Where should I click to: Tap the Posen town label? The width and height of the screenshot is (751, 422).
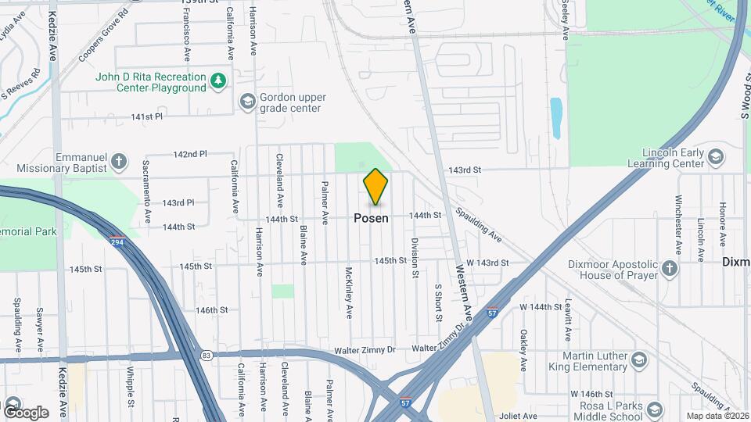coord(371,218)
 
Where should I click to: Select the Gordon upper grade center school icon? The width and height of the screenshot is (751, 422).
coord(248,102)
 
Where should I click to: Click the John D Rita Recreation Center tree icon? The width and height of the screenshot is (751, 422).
coord(220,81)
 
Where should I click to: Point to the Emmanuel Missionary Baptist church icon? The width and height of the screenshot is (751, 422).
coord(119,162)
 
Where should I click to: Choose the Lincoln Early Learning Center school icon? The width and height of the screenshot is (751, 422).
coord(715,157)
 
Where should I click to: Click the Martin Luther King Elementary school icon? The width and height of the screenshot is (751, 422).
coord(639,360)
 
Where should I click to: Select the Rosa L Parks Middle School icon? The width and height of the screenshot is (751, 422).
coord(655,409)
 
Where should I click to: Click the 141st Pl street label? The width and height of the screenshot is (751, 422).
coord(146,116)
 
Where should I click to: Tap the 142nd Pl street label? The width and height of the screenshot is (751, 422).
coord(190,154)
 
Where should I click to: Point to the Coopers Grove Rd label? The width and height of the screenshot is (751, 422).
coord(102,36)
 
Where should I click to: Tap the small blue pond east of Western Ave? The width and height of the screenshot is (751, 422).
coord(556,117)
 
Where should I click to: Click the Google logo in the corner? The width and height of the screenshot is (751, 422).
coord(26,412)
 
